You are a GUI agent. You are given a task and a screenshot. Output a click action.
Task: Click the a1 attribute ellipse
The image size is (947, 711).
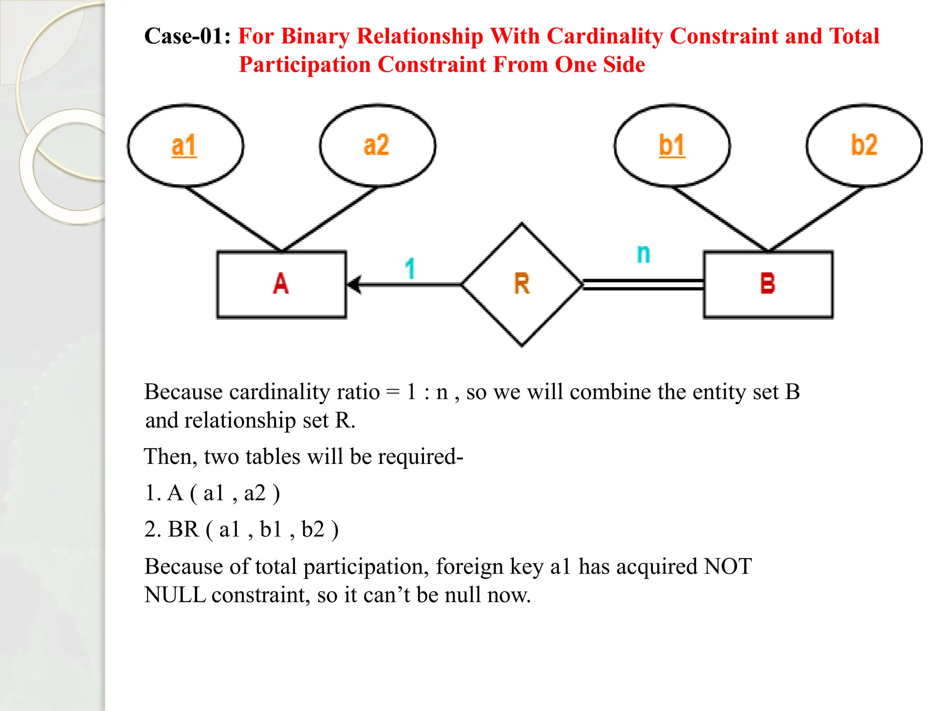[185, 145]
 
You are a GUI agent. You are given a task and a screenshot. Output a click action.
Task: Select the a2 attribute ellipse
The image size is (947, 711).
[377, 145]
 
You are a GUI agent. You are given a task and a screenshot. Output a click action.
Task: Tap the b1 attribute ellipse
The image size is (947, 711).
[672, 145]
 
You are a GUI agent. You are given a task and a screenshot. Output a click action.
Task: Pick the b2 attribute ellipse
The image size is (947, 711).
[864, 145]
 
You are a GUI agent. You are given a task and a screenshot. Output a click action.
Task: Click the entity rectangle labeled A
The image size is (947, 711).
[281, 284]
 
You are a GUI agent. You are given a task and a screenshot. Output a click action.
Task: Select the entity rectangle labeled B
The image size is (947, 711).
[768, 284]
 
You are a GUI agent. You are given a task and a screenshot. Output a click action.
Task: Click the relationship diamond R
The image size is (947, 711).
[522, 284]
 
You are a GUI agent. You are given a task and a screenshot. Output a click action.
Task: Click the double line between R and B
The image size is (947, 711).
[643, 285]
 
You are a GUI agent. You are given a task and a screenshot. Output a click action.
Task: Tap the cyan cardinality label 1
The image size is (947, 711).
[410, 268]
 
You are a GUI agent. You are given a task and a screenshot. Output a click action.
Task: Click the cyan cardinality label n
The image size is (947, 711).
[643, 254]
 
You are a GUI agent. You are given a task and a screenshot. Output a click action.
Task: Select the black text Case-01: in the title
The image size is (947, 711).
[188, 36]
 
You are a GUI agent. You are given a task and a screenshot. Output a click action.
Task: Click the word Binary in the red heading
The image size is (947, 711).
[315, 36]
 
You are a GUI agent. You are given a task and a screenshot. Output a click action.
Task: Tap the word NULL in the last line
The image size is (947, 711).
[175, 595]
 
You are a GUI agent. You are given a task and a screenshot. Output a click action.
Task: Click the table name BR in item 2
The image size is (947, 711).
[183, 529]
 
